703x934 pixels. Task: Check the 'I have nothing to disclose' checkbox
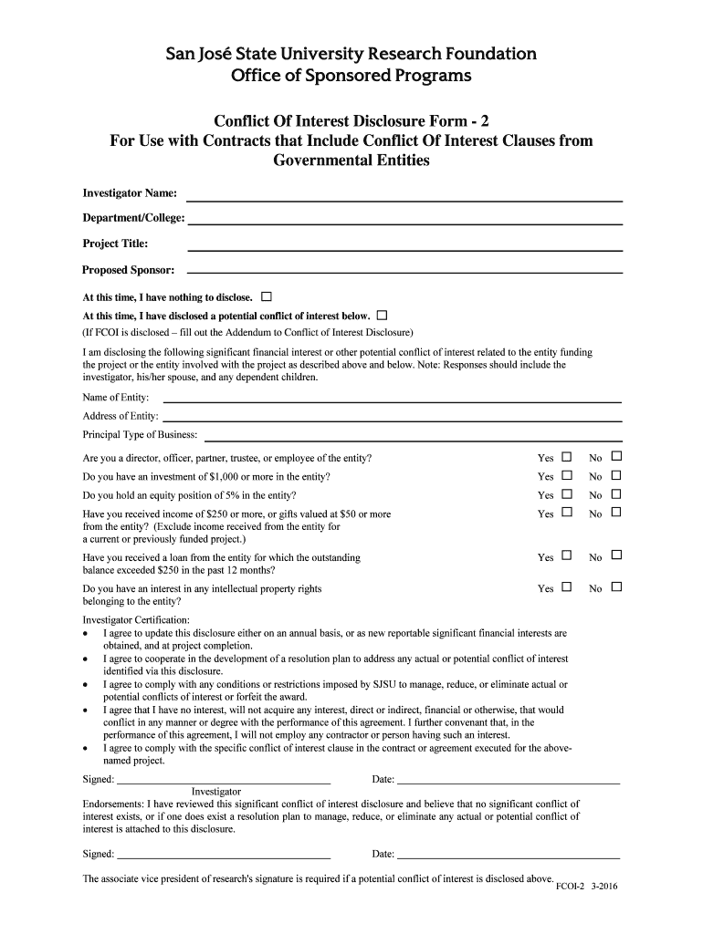(267, 296)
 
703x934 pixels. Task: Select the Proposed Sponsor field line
(404, 271)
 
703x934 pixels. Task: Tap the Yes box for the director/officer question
(566, 457)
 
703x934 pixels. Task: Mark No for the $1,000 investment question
(616, 475)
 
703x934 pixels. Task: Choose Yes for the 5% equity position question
(566, 494)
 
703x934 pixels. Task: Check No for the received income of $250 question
(616, 513)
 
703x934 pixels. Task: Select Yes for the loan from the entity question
(566, 555)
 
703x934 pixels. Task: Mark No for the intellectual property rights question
(616, 587)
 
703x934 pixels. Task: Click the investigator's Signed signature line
(224, 782)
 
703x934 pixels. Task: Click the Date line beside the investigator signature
(509, 782)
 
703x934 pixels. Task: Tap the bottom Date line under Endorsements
(509, 856)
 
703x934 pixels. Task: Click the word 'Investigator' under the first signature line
(216, 791)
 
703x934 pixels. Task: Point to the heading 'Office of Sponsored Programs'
(351, 75)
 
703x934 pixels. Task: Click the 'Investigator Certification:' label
(136, 619)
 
